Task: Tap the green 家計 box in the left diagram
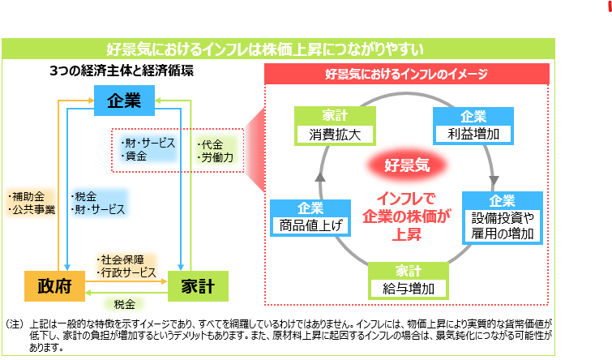pos(198,286)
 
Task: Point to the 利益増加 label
pos(473,133)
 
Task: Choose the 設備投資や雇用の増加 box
pos(502,226)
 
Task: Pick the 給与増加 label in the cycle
pos(397,289)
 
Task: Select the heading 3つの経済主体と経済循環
pos(122,71)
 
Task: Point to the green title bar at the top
pos(280,48)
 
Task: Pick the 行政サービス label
pos(127,272)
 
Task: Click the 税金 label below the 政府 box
pos(124,304)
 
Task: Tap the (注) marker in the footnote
pos(15,324)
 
